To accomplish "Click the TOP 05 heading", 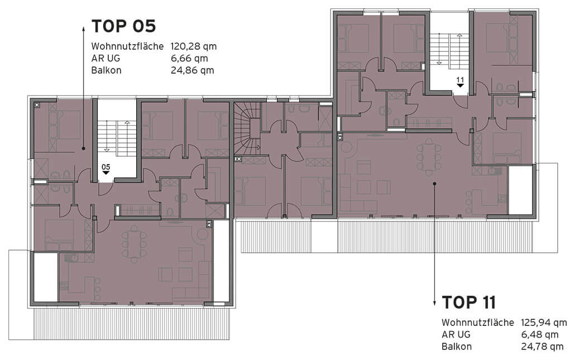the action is (123, 26).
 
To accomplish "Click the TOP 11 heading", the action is (469, 303).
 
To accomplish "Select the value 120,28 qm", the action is (194, 46).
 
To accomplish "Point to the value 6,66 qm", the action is (189, 58).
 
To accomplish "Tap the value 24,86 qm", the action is (192, 70).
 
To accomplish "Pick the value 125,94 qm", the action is (544, 323).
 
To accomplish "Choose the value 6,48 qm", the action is (540, 335).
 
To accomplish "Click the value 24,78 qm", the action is (543, 347).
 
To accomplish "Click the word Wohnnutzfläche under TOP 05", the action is (127, 46).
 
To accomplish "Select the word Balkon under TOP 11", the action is (457, 347).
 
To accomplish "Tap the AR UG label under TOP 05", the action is (106, 58).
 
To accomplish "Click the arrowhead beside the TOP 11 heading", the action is (434, 303).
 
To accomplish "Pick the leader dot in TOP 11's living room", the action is (434, 183).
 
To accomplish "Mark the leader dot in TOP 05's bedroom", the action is (84, 148).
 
